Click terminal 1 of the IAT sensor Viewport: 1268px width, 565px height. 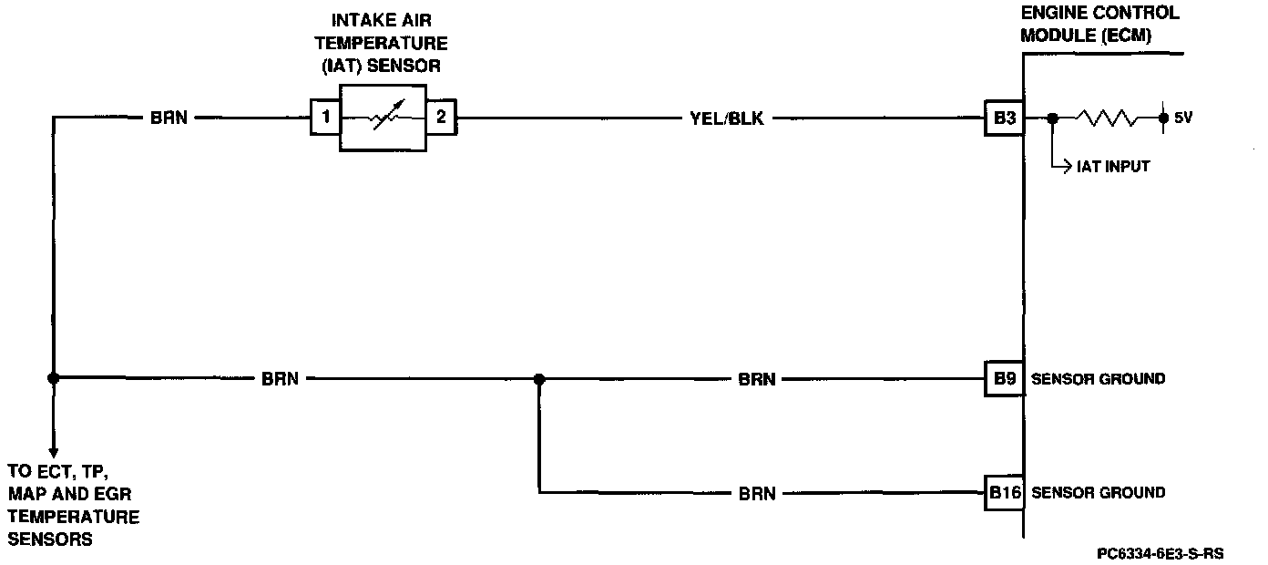click(x=324, y=118)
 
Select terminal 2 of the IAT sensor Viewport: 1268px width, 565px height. click(x=441, y=118)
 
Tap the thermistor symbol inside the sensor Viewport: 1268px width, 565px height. click(x=383, y=118)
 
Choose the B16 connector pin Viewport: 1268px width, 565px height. click(x=1005, y=493)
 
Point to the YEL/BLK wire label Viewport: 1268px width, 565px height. click(x=726, y=118)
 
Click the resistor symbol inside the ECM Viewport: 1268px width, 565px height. click(x=1107, y=118)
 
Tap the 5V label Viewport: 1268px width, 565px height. click(x=1182, y=118)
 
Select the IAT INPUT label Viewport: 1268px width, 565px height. click(x=1113, y=167)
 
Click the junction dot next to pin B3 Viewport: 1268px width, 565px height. click(x=1052, y=118)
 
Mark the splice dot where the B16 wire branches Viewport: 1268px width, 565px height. click(x=539, y=378)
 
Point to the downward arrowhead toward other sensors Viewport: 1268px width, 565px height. click(x=54, y=450)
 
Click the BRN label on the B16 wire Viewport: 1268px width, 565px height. click(x=757, y=494)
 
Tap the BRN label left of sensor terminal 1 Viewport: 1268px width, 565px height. click(x=169, y=118)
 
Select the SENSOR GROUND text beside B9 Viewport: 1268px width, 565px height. click(x=1098, y=379)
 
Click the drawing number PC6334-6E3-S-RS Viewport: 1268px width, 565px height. click(x=1160, y=553)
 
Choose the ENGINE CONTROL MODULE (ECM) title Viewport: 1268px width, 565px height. click(x=1099, y=25)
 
